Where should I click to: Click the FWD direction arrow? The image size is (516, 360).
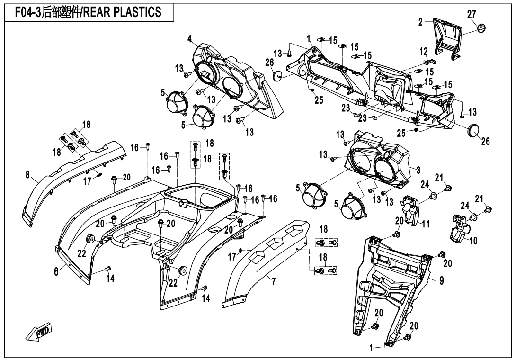[x=39, y=333]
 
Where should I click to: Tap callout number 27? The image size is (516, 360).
[x=472, y=14]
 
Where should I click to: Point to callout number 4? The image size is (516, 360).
[x=189, y=37]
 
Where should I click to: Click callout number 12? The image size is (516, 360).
[x=424, y=51]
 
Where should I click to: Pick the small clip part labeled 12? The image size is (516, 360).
[x=426, y=61]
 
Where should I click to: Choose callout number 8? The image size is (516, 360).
[x=28, y=175]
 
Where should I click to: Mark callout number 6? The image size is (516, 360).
[x=56, y=271]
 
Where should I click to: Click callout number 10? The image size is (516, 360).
[x=473, y=241]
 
